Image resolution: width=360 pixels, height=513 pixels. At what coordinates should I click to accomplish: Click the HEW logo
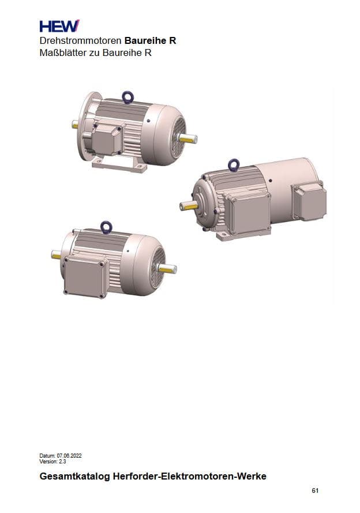click(59, 26)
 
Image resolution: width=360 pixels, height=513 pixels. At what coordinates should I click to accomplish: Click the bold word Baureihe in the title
click(145, 40)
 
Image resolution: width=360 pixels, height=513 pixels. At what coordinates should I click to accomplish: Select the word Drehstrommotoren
click(80, 40)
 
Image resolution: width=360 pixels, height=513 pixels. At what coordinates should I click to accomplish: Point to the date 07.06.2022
click(69, 455)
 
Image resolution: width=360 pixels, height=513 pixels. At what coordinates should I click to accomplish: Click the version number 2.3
click(62, 461)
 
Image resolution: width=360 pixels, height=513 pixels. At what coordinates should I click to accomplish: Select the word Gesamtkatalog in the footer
click(74, 476)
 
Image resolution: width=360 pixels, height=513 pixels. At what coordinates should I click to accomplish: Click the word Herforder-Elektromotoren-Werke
click(190, 476)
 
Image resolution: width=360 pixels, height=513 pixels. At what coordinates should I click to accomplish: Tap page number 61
click(315, 490)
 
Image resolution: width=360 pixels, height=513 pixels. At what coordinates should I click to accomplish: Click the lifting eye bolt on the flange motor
click(127, 97)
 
